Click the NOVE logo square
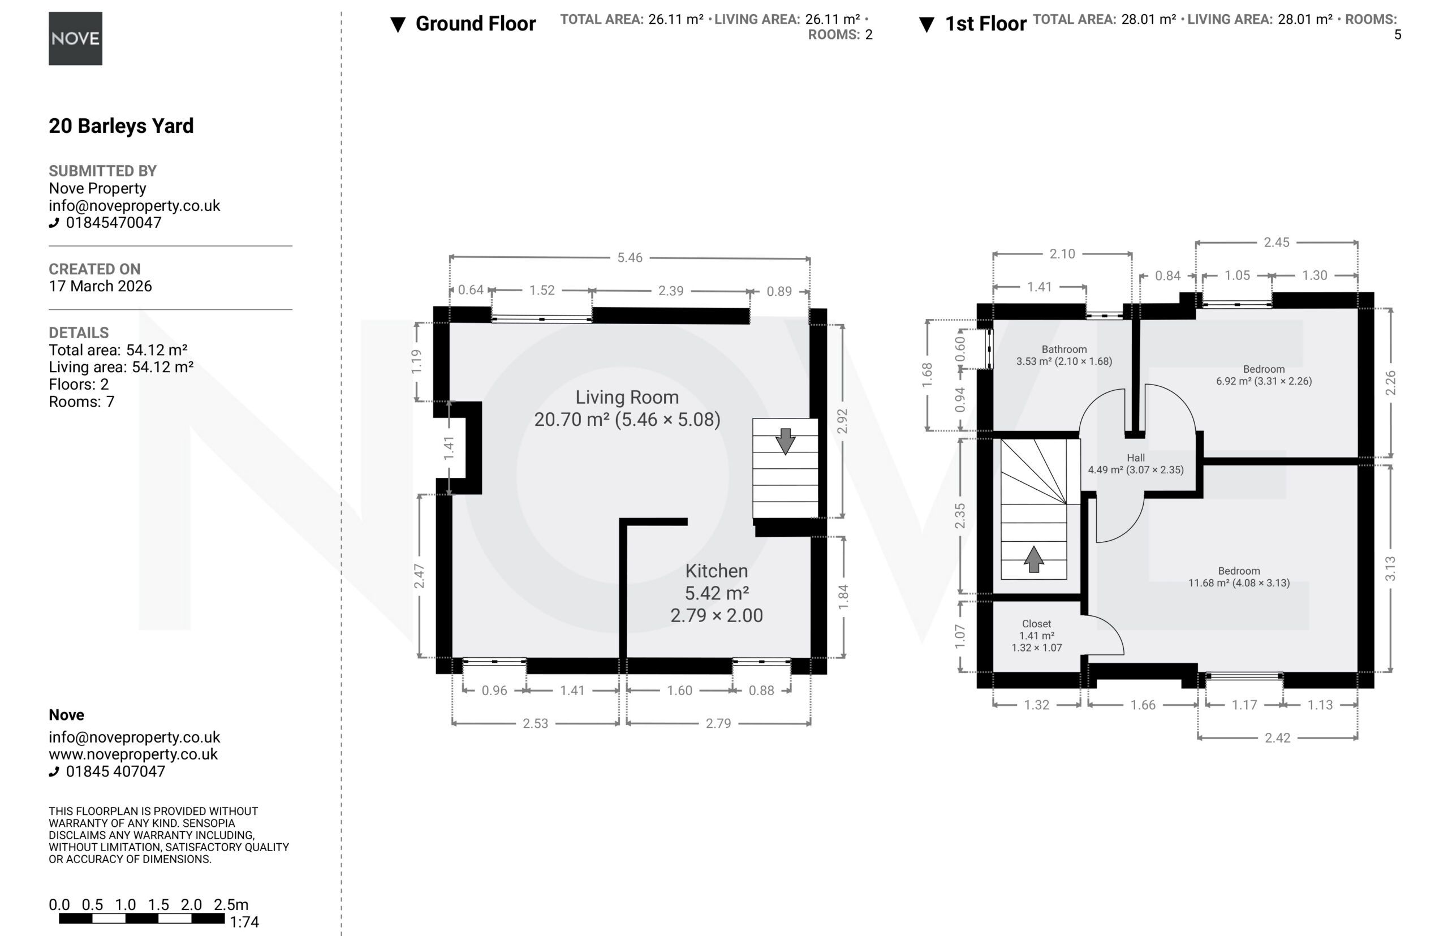[75, 38]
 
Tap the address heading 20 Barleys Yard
[121, 126]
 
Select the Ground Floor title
[475, 24]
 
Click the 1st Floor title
[985, 24]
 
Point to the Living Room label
[627, 397]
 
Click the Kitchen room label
[717, 571]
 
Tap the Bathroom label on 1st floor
[1064, 350]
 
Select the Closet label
[1036, 624]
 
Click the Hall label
[1136, 458]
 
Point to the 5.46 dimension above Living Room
[630, 258]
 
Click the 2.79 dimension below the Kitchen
[718, 723]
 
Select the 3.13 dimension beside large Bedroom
[1390, 568]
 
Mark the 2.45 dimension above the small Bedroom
[1277, 243]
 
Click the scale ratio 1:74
[244, 922]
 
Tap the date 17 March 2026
[100, 286]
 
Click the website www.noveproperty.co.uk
[133, 754]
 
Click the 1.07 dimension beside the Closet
[959, 636]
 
